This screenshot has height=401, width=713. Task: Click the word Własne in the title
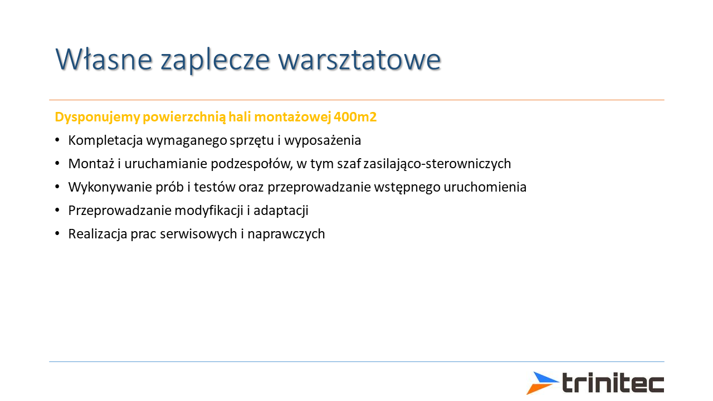[104, 59]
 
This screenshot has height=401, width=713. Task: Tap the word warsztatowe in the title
[360, 60]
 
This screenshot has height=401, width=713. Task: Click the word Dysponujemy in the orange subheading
[97, 117]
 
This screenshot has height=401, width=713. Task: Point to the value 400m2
[355, 117]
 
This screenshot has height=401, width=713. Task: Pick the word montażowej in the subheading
[292, 117]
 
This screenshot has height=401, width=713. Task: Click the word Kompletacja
[105, 141]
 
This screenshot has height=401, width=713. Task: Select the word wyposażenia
[323, 141]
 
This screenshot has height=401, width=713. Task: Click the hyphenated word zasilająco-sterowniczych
[437, 164]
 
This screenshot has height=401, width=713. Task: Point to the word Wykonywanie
[110, 187]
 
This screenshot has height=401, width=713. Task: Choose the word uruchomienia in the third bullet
[485, 187]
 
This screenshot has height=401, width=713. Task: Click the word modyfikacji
[209, 211]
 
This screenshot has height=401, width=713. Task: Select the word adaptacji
[281, 211]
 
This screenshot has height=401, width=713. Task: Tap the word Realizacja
[97, 234]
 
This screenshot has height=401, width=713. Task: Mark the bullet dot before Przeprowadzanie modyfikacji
[57, 211]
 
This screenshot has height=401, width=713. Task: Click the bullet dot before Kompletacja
[57, 140]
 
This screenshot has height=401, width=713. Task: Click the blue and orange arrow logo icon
[543, 383]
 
